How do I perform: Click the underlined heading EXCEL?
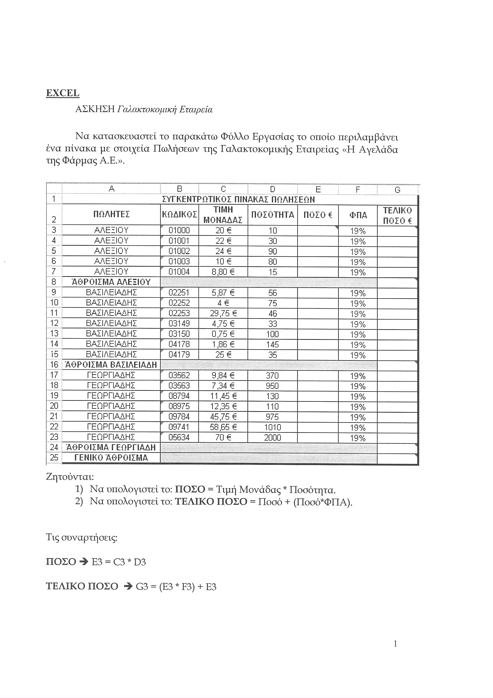63,93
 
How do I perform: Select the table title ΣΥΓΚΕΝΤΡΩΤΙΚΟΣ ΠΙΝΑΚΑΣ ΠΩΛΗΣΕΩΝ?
239,200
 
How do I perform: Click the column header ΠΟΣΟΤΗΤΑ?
273,215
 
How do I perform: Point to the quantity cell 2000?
273,438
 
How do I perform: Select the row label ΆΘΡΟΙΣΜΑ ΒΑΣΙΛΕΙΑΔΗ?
111,365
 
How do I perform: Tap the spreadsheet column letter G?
397,190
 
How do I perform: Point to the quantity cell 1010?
273,427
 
